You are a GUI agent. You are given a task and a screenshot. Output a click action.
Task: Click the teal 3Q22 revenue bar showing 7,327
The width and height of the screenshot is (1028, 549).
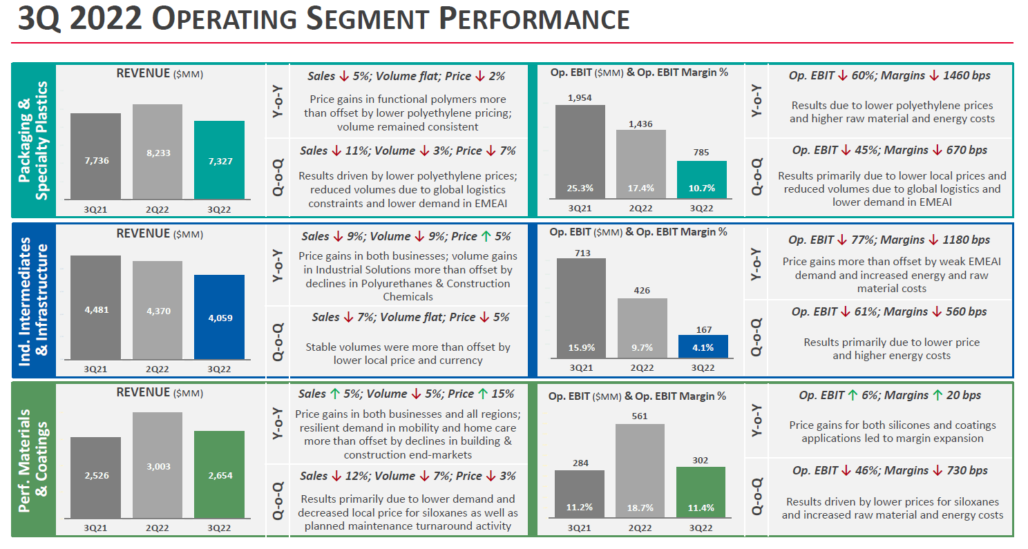219,160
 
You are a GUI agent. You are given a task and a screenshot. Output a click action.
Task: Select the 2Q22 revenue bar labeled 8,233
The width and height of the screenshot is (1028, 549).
158,152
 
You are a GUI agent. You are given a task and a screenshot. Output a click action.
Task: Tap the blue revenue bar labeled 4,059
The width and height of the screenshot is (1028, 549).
219,317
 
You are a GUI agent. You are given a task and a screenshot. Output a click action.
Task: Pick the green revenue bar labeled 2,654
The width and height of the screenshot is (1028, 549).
219,474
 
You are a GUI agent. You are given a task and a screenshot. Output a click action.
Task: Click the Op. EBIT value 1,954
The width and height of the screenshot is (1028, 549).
580,98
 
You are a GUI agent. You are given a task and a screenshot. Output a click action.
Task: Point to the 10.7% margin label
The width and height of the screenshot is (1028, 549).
701,188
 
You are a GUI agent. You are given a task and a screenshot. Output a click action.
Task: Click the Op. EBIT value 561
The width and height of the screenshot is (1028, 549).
640,416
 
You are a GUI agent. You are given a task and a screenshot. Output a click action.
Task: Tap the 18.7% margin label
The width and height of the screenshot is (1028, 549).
640,507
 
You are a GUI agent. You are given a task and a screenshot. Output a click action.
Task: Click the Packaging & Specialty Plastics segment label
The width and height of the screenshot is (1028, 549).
33,141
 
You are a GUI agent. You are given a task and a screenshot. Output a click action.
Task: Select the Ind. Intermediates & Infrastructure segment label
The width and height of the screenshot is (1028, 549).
33,299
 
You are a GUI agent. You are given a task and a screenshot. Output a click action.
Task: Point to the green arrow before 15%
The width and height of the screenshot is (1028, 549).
482,394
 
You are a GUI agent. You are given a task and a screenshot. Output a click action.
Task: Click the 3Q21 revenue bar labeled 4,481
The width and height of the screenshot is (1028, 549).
96,308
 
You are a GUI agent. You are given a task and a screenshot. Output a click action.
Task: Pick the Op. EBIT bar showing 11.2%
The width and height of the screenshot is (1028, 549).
580,494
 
